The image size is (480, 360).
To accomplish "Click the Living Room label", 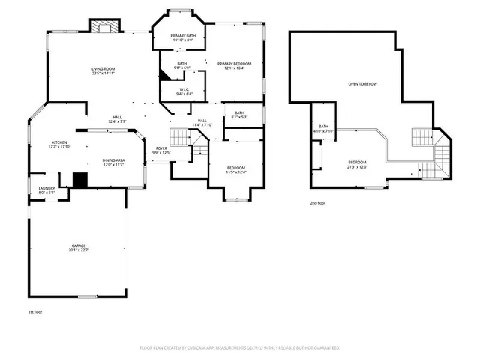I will (103, 71).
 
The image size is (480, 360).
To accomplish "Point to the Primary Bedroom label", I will (235, 66).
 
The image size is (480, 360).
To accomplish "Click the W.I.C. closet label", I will (184, 92).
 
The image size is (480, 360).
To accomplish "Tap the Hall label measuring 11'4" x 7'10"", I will (202, 123).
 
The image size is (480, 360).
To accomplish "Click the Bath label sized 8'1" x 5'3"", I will (238, 115).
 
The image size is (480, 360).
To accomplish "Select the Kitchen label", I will (59, 145).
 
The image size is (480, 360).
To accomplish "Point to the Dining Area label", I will (114, 163).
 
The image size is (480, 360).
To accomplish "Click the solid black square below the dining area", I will (80, 180).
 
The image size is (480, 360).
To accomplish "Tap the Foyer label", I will (161, 151).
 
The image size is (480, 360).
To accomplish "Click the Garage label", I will (79, 247).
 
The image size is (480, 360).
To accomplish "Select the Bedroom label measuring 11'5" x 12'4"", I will (236, 171).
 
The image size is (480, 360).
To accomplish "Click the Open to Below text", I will (362, 84).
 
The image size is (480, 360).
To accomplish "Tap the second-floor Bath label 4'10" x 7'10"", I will (324, 129).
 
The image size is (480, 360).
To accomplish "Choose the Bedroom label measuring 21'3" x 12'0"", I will (358, 164).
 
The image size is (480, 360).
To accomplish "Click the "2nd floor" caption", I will (319, 203).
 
